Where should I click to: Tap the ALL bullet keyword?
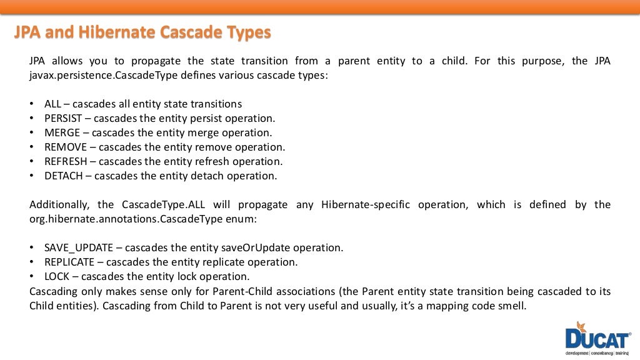(x=52, y=104)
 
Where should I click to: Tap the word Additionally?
(x=60, y=204)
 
